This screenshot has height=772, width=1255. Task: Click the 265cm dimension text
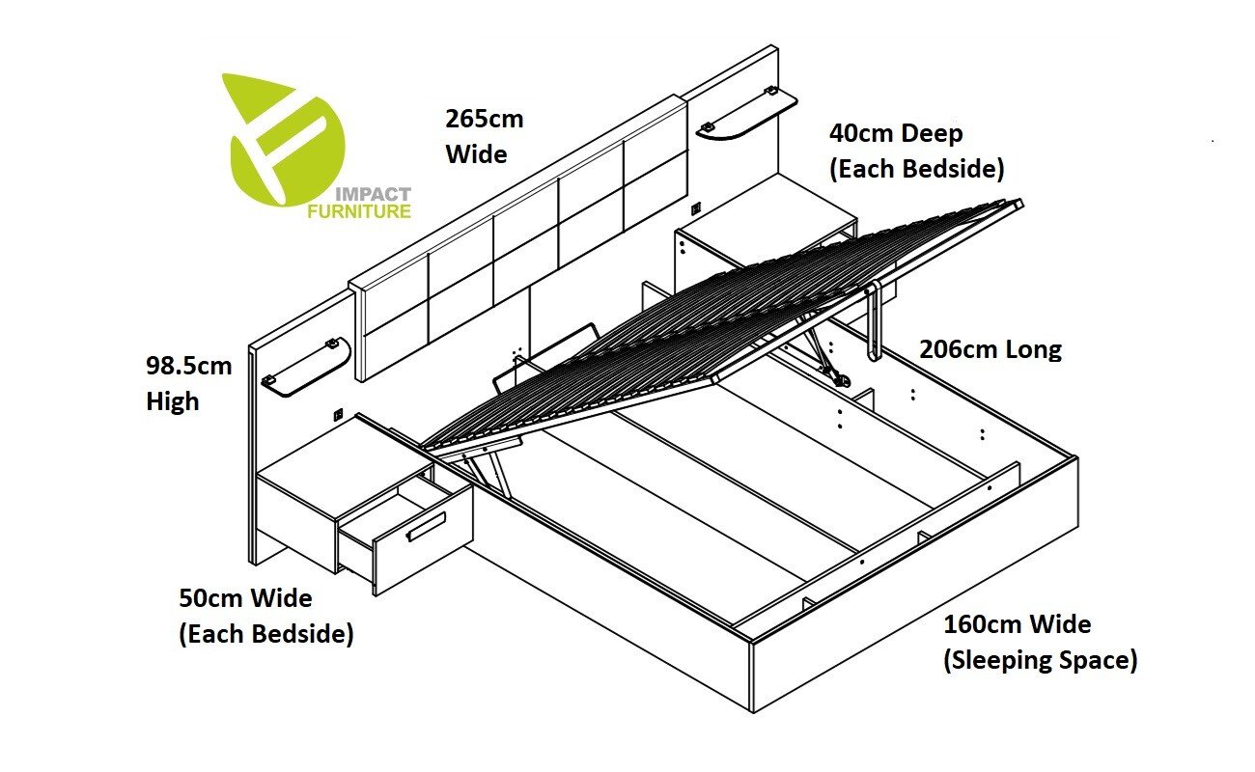484,120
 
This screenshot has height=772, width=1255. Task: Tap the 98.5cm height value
189,367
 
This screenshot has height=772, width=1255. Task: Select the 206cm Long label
990,349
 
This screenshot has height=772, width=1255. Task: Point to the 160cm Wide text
1017,624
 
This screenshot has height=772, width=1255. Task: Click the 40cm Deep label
896,134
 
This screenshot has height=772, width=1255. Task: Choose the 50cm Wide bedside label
245,598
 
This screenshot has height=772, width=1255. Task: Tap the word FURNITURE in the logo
358,211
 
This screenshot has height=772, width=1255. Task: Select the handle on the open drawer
426,527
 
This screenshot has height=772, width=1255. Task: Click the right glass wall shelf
746,116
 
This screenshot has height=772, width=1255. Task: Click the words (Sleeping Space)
1040,661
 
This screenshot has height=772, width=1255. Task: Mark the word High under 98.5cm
172,401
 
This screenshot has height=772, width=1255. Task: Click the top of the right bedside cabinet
763,207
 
